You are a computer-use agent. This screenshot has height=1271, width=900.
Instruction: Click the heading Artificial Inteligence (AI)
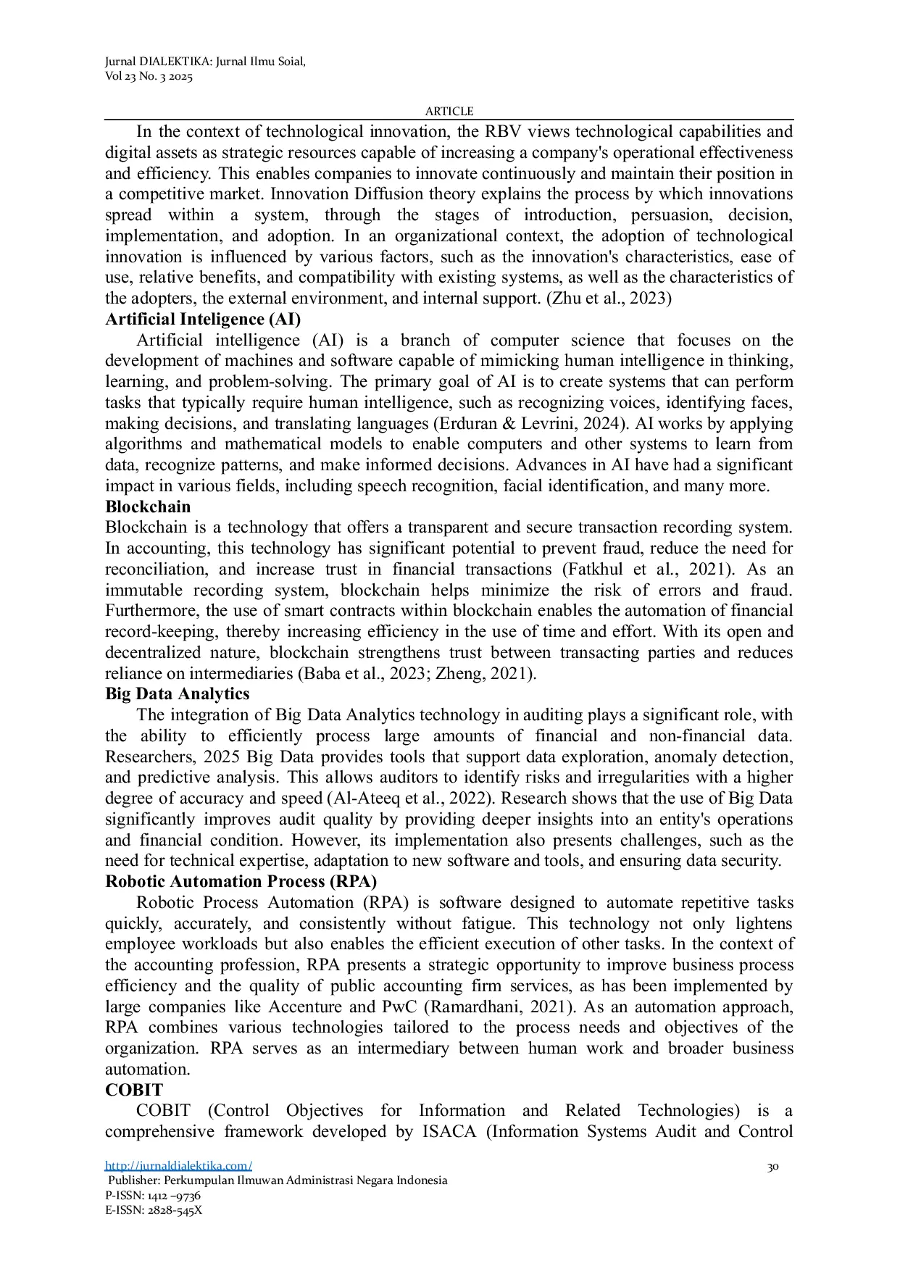coord(203,320)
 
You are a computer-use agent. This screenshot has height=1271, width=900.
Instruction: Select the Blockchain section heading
coord(148,507)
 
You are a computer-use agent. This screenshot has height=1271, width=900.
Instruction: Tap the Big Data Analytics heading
coord(177,694)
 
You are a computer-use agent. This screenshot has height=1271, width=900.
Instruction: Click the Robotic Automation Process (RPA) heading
coord(241,882)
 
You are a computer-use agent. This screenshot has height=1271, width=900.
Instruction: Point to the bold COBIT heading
coord(134,1090)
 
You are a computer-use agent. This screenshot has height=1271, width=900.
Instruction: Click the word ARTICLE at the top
coord(449,111)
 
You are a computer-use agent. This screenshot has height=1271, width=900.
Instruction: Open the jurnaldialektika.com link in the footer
coord(178,1166)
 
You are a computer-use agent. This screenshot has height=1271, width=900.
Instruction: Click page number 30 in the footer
coord(772,1167)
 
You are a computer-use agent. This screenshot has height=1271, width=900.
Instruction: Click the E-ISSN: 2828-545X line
coord(154,1210)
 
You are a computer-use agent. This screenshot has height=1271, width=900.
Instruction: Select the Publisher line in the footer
coord(277,1180)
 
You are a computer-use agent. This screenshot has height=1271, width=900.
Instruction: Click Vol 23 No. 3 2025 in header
coord(149,77)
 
